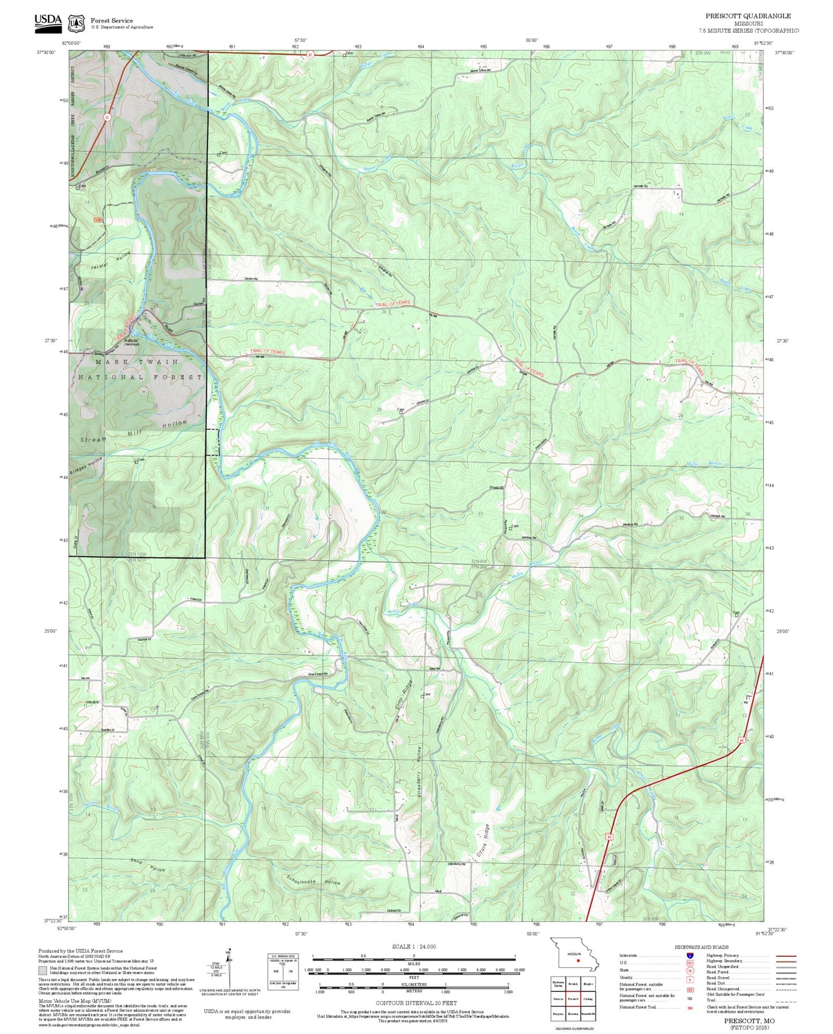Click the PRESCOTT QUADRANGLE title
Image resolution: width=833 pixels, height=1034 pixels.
pos(748,16)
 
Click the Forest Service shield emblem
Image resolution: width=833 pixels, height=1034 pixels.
pos(76,23)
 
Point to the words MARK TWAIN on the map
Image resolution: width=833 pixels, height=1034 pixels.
pos(137,361)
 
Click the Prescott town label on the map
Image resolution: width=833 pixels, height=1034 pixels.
pos(496,488)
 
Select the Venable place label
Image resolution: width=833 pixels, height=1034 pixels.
pos(92,701)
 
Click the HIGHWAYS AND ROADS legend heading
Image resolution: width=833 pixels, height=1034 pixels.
pos(702,947)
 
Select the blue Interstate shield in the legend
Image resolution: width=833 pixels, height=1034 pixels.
pos(691,956)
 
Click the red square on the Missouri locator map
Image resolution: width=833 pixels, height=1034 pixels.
pos(578,961)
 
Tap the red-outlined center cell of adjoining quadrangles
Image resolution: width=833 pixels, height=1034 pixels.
pos(572,998)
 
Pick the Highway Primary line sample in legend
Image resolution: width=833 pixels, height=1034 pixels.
pos(786,956)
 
